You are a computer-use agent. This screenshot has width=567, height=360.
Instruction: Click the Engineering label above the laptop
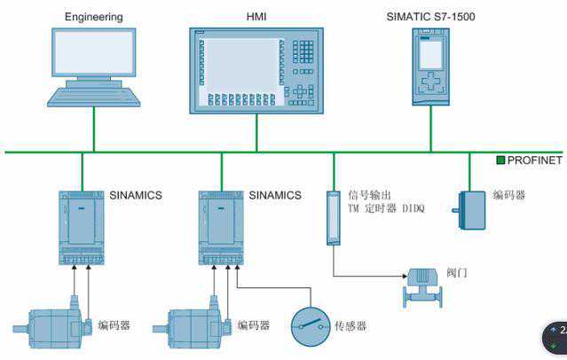tap(93, 16)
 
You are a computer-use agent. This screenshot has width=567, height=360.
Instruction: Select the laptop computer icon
tap(93, 67)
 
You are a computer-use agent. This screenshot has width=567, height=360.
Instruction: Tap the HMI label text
tap(256, 16)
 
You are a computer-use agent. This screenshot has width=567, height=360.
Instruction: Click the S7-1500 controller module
tap(431, 66)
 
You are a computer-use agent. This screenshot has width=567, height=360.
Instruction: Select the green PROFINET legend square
tap(500, 160)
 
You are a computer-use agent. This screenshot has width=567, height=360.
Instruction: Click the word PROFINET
tap(535, 160)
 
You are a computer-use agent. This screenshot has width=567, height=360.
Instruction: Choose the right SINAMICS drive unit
tap(221, 227)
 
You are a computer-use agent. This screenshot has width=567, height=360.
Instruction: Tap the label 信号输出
tap(367, 194)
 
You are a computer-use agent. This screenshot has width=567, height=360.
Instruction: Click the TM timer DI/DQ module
tap(334, 217)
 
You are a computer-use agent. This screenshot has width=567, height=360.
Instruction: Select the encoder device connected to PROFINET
tap(470, 210)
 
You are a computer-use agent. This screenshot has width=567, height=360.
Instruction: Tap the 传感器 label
tap(351, 326)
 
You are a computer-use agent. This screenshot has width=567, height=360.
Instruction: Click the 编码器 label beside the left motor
tap(114, 325)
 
